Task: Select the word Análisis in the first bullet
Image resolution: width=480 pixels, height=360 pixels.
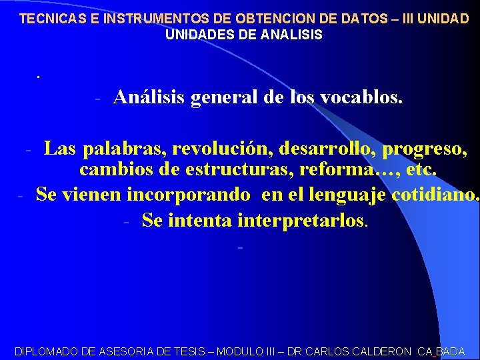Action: pyautogui.click(x=149, y=97)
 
